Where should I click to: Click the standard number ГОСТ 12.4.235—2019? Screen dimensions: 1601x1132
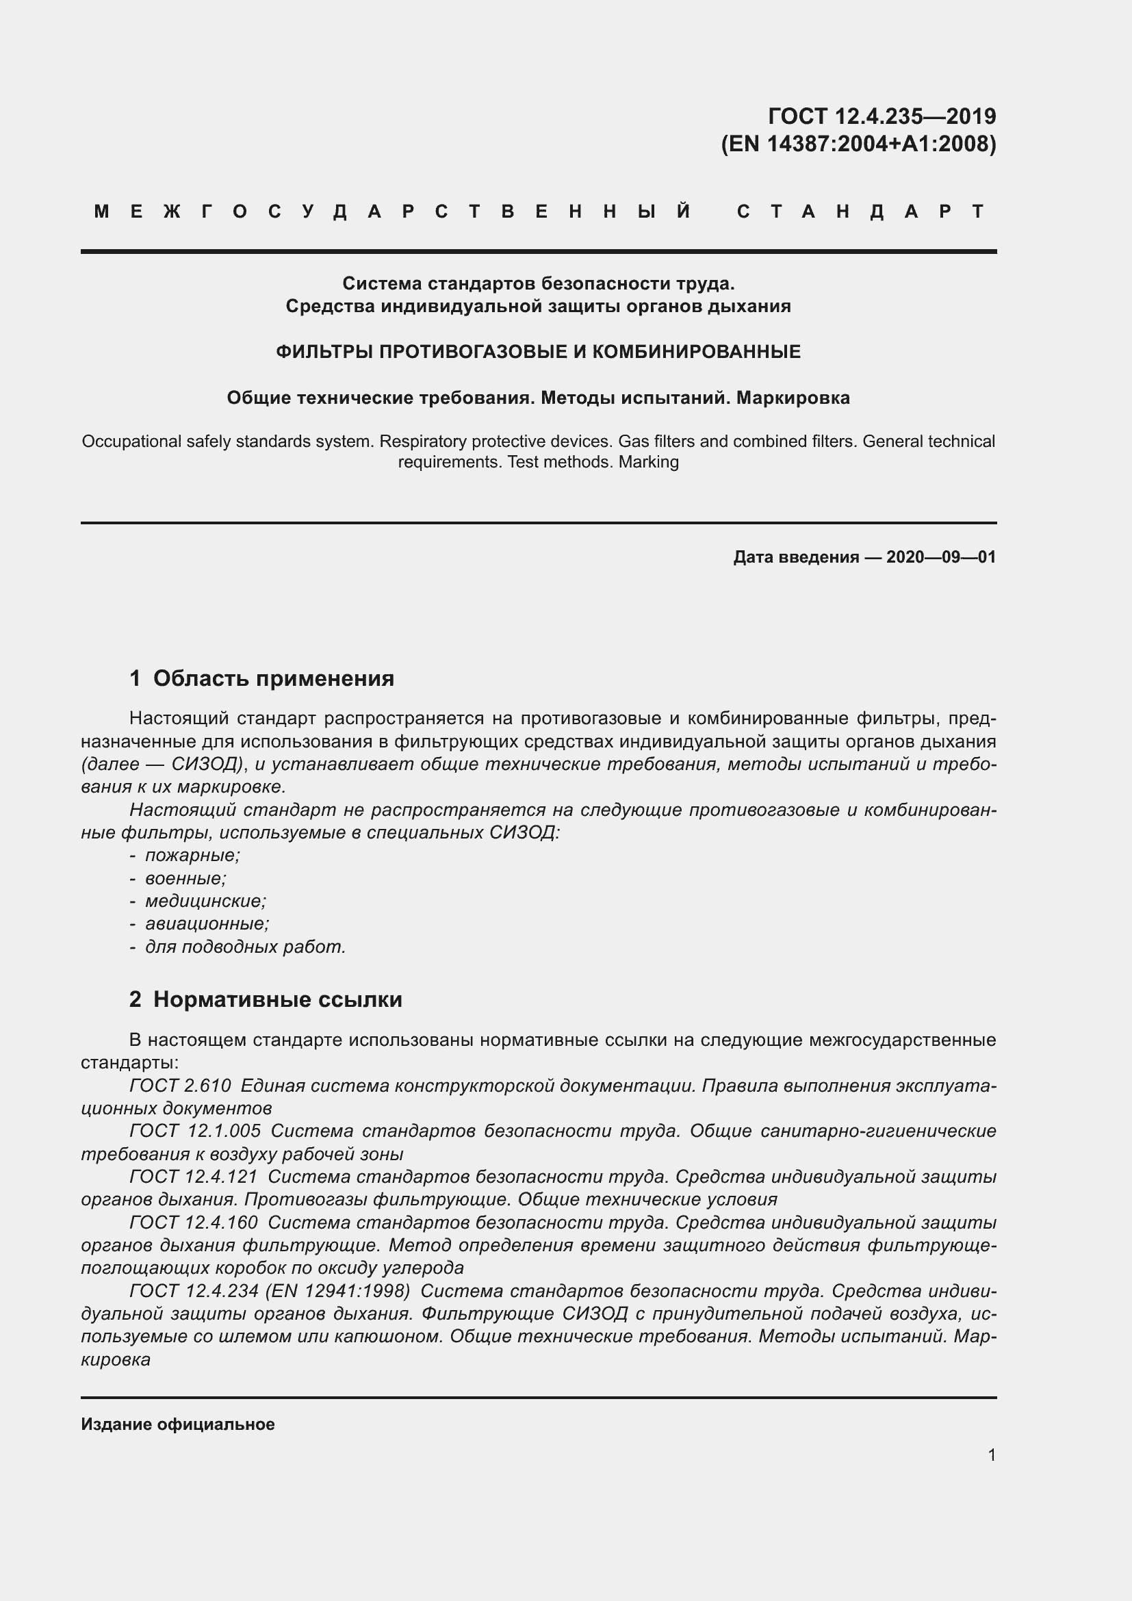tap(881, 116)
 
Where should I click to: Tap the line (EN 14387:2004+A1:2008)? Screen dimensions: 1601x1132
tap(858, 144)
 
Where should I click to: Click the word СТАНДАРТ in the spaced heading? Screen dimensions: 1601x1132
tap(860, 212)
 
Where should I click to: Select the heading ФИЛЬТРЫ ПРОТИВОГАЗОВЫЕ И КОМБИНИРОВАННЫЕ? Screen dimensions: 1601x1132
tap(538, 351)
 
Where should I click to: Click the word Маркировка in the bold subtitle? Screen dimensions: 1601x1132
tap(793, 398)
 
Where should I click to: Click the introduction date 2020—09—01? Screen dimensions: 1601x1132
tap(940, 557)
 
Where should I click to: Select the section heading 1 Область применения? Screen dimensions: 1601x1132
tap(261, 678)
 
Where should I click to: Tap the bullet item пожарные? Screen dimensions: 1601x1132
tap(192, 856)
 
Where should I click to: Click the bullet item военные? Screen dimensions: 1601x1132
tap(185, 879)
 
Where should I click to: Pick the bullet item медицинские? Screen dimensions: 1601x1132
tap(205, 901)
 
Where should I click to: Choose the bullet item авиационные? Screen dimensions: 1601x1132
tap(206, 924)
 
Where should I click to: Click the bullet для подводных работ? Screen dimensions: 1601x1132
tap(244, 947)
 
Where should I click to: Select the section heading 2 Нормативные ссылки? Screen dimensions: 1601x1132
tap(266, 999)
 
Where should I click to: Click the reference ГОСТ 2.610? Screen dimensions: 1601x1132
tap(180, 1086)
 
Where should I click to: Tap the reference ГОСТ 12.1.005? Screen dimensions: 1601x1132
tap(195, 1131)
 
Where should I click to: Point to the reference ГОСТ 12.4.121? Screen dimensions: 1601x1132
tap(193, 1177)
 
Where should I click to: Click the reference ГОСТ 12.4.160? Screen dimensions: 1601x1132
tap(193, 1222)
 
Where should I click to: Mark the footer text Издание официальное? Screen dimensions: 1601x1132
tap(178, 1424)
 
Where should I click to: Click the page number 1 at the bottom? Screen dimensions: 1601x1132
tap(991, 1455)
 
